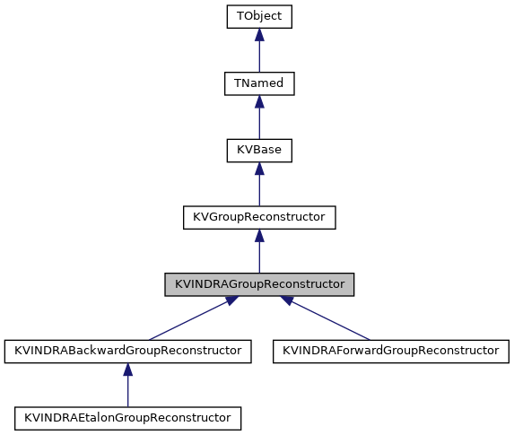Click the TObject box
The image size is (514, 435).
[258, 16]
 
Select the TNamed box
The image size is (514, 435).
[258, 83]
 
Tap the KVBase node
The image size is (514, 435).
[258, 150]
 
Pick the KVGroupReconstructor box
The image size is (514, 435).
[258, 216]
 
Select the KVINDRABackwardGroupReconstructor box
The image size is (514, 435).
[126, 350]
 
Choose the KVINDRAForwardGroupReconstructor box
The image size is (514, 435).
[390, 350]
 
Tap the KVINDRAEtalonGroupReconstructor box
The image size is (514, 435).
[126, 417]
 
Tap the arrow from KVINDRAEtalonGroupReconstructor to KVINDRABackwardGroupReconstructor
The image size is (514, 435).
[126, 387]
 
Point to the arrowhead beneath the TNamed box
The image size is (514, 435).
[258, 101]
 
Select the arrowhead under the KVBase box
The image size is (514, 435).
[258, 169]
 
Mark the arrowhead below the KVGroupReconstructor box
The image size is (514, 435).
[258, 235]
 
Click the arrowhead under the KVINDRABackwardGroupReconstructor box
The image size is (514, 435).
[126, 369]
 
